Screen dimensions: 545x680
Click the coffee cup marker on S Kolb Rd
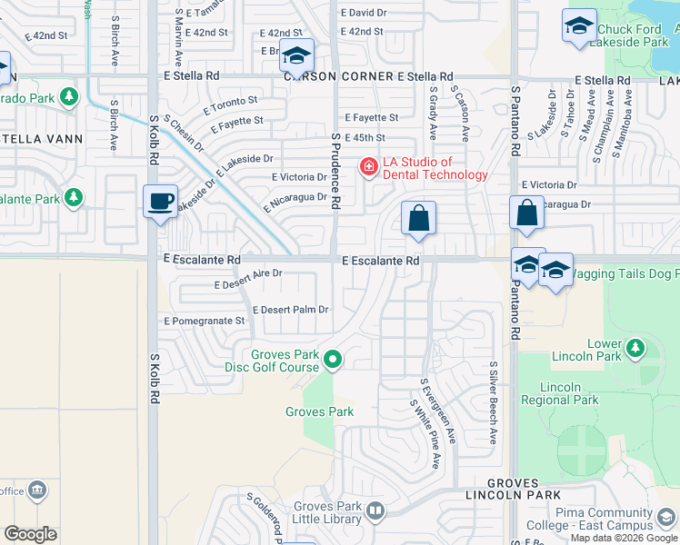[x=160, y=202]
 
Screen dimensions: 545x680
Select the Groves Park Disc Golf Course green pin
[x=333, y=361]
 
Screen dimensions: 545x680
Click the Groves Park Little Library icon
[x=375, y=513]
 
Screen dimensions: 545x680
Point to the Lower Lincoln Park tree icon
[x=635, y=348]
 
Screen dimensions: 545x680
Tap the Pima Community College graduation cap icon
[x=667, y=519]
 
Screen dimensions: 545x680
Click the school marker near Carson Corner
[x=296, y=56]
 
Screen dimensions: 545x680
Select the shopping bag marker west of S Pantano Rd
[x=418, y=218]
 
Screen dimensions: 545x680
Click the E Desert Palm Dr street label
[x=290, y=310]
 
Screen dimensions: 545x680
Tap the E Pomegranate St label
[x=205, y=321]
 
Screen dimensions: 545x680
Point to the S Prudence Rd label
[x=335, y=173]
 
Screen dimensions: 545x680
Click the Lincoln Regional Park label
[x=560, y=393]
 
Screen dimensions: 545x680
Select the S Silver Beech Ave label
[x=494, y=403]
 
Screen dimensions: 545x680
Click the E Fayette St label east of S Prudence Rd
[x=372, y=118]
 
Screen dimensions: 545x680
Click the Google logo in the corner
[x=30, y=533]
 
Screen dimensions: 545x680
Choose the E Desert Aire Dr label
[x=248, y=285]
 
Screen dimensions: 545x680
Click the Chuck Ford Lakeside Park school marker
[x=578, y=27]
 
